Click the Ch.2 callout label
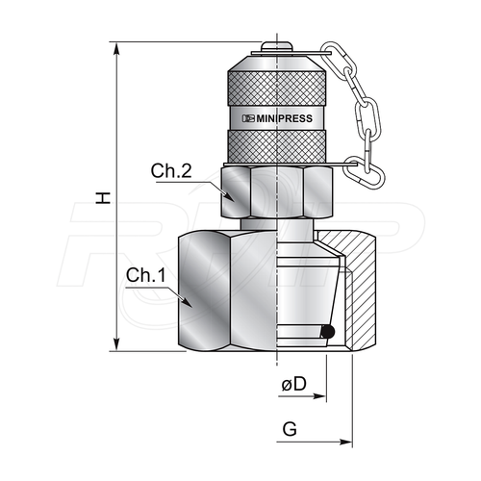click(171, 170)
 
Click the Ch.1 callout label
click(146, 275)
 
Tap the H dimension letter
click(103, 198)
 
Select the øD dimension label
click(294, 384)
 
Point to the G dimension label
click(290, 429)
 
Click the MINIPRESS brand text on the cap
click(277, 118)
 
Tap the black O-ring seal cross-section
click(328, 332)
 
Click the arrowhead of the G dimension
click(345, 443)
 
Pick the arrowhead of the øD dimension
click(319, 396)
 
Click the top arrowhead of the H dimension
click(117, 48)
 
